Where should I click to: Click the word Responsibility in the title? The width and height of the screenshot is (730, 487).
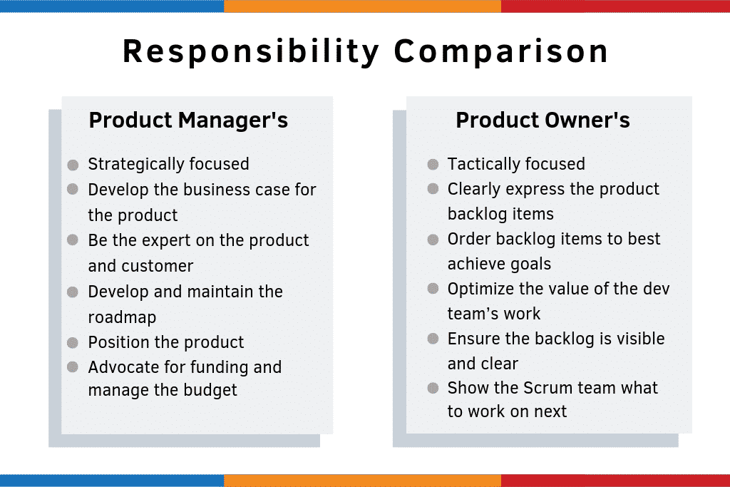point(251,51)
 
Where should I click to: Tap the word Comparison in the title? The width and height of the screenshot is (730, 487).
point(501,51)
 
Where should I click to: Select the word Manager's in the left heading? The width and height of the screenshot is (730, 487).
point(233,120)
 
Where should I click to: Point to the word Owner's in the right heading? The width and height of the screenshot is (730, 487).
point(587,120)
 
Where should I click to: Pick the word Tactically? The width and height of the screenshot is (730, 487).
point(480,164)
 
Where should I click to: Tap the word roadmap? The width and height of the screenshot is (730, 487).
point(122,317)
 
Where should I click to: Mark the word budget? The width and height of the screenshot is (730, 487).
point(210,390)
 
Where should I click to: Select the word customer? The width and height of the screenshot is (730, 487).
point(157,266)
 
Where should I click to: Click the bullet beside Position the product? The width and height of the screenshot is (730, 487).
point(73,343)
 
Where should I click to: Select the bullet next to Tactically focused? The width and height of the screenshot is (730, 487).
point(433,164)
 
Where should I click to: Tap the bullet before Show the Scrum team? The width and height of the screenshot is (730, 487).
point(433,388)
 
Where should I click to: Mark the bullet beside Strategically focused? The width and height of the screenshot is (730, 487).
point(73,165)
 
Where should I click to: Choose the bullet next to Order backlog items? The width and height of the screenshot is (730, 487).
point(433,240)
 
